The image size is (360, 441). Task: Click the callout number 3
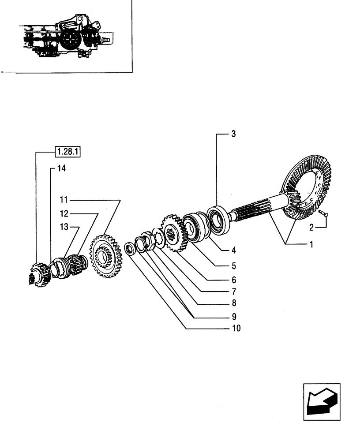coord(233,134)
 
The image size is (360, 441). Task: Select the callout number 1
coord(311,244)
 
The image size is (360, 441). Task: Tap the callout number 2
coord(312,228)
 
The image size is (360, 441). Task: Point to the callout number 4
coord(234,250)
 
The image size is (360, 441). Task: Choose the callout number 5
coord(234,265)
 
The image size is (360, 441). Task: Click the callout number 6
coord(234,280)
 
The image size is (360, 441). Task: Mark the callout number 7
coord(234,292)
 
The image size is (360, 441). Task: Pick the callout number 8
coord(234,303)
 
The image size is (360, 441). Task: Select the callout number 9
coord(234,316)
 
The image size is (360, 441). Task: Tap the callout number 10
coord(235,329)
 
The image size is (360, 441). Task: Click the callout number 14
coord(60,168)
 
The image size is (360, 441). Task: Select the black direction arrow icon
coord(322,401)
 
